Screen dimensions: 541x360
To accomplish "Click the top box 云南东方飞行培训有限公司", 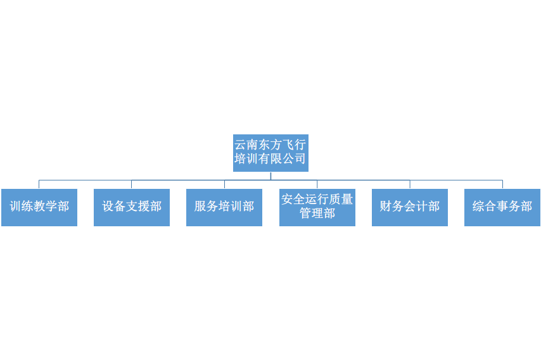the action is pos(270,153).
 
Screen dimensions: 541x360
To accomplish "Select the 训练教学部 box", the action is pos(39,207).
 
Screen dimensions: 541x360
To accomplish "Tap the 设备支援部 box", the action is pos(132,207).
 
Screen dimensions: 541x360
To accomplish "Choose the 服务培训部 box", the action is pos(224,207).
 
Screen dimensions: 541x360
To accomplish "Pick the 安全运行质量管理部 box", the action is pos(317,207).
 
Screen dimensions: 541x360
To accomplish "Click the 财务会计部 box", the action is pos(410,207).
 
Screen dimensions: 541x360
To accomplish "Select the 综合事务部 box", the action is pos(502,207).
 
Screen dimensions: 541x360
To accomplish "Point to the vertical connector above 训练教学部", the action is pos(39,184).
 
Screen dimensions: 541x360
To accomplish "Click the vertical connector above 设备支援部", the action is pos(132,184).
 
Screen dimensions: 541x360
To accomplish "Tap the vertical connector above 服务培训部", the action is pos(225,184).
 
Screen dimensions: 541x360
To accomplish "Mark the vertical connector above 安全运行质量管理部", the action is pos(317,184).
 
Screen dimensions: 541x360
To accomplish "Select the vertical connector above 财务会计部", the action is pos(410,184).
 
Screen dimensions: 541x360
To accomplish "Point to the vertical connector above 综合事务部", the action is pos(503,184).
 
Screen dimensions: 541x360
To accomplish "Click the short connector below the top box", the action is pos(271,176).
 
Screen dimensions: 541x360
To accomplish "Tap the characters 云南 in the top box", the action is pos(246,145).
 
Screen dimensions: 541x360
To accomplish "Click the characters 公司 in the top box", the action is pos(295,159).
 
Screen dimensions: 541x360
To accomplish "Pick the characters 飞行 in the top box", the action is pos(295,145).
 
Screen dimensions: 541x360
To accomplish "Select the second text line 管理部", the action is pos(317,214).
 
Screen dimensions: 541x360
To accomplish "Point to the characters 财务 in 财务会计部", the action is pos(392,207).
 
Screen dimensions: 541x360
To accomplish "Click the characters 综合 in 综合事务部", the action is pos(485,207).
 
